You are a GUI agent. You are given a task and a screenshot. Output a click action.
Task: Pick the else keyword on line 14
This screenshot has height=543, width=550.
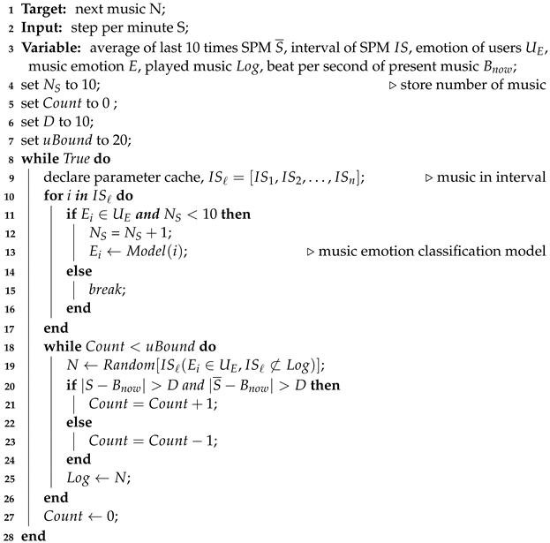[78, 270]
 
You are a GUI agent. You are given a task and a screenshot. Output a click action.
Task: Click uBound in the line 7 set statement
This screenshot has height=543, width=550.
[70, 140]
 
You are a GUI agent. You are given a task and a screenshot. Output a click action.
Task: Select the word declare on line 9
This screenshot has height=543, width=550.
[66, 177]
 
